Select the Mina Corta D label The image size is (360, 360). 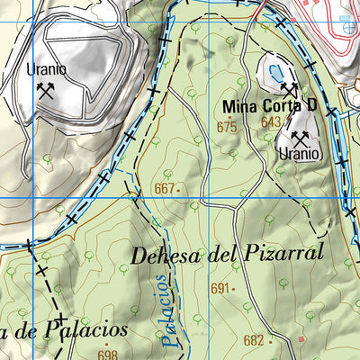[x=270, y=106]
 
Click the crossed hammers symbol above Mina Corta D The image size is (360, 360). [x=288, y=89]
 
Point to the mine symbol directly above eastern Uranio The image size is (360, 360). [x=300, y=138]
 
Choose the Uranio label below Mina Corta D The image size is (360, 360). [x=299, y=154]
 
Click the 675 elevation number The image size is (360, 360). [x=227, y=128]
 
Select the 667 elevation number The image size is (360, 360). [x=163, y=189]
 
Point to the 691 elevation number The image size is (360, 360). [x=220, y=289]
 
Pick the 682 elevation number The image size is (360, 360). [x=253, y=340]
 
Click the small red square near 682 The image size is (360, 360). [x=302, y=339]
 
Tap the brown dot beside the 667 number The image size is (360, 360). [x=179, y=190]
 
